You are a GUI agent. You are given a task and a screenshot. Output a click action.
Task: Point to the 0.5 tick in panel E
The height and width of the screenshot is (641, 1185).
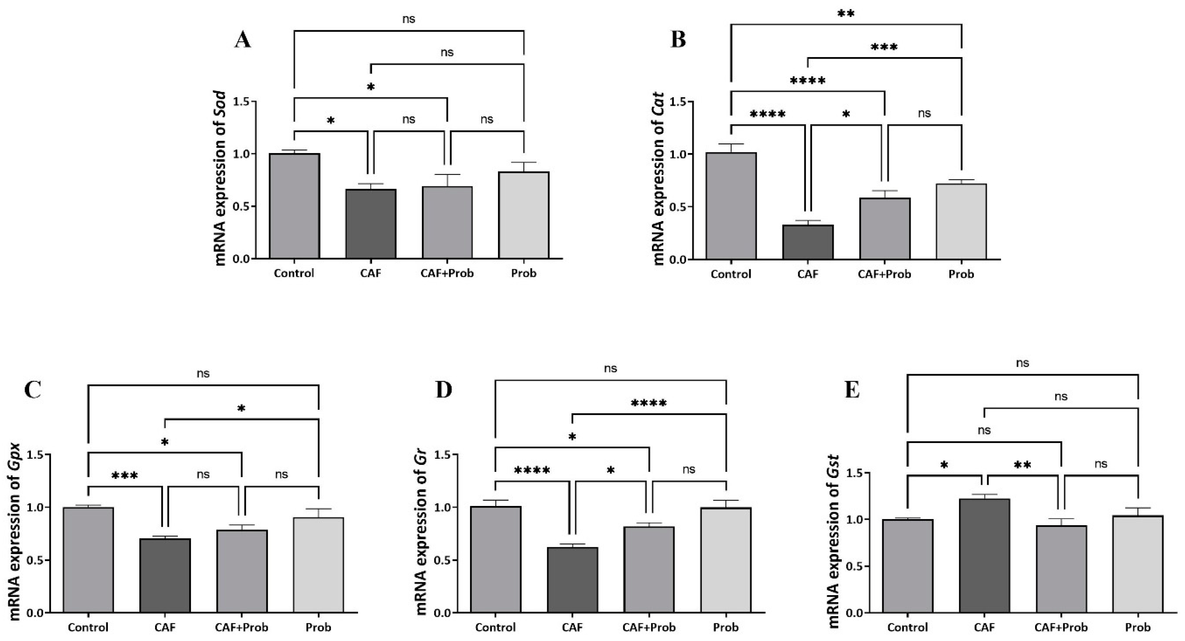click(862, 566)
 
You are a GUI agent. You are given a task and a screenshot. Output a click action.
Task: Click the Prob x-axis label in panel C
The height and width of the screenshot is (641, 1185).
click(318, 627)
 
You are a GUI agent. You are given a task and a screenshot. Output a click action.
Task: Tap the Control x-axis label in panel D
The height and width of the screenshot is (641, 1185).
click(495, 627)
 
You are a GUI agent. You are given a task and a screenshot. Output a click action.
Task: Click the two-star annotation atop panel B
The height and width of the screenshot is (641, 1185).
click(846, 14)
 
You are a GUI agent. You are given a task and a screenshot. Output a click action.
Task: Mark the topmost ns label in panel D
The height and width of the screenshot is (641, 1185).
click(610, 368)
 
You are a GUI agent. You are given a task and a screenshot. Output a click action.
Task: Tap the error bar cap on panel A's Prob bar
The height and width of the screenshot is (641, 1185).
click(524, 162)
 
